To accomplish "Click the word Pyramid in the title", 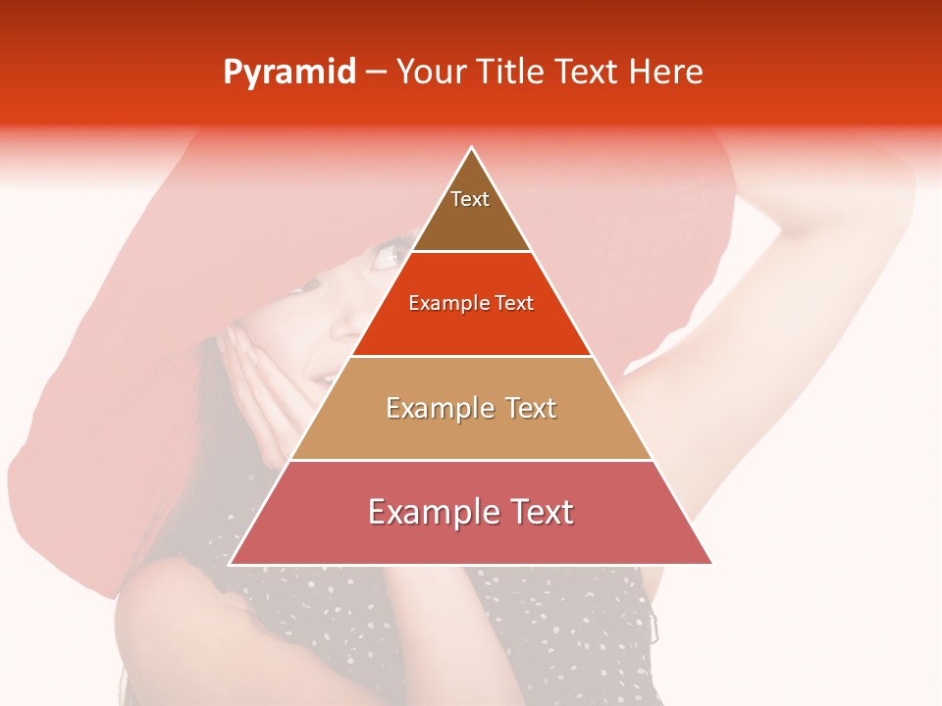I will (289, 73).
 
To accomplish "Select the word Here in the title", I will (666, 73).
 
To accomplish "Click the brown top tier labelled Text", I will (471, 211).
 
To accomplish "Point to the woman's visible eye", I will (385, 257).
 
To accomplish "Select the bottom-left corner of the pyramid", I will (231, 564).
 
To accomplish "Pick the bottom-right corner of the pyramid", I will (711, 564).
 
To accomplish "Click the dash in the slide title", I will (375, 73).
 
